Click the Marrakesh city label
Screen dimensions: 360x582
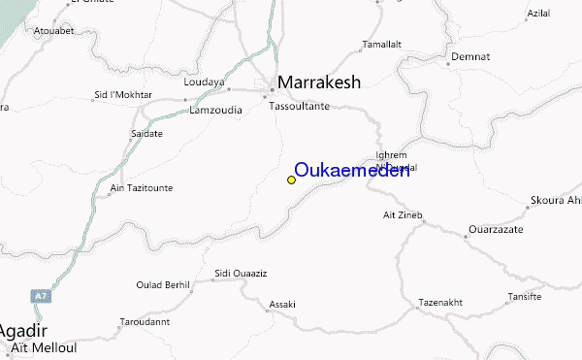point(319,83)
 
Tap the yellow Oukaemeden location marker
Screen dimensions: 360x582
point(291,180)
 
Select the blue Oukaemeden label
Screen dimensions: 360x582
point(351,170)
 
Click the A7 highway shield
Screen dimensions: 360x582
point(39,294)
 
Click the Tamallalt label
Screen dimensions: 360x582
point(379,45)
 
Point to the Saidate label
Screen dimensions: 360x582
point(146,132)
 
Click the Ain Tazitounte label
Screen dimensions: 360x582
point(140,186)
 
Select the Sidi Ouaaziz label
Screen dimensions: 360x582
point(241,276)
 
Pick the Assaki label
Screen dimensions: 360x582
point(282,304)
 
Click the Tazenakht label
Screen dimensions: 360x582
point(439,302)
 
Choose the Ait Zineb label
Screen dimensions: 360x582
point(404,213)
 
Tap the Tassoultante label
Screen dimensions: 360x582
point(300,106)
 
